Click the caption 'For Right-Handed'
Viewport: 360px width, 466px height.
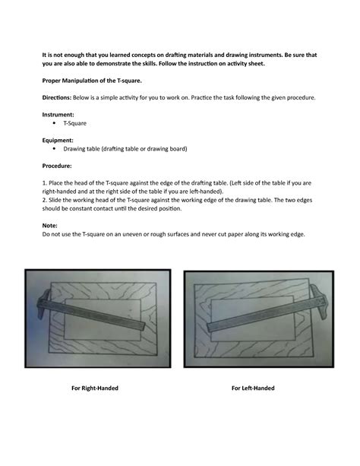pos(94,388)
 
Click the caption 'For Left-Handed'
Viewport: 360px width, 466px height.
pos(253,388)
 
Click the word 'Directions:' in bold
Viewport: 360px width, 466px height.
pos(58,98)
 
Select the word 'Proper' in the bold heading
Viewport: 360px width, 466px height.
pos(52,79)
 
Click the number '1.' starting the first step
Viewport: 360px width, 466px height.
pos(44,183)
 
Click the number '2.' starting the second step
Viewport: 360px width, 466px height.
pos(44,200)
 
